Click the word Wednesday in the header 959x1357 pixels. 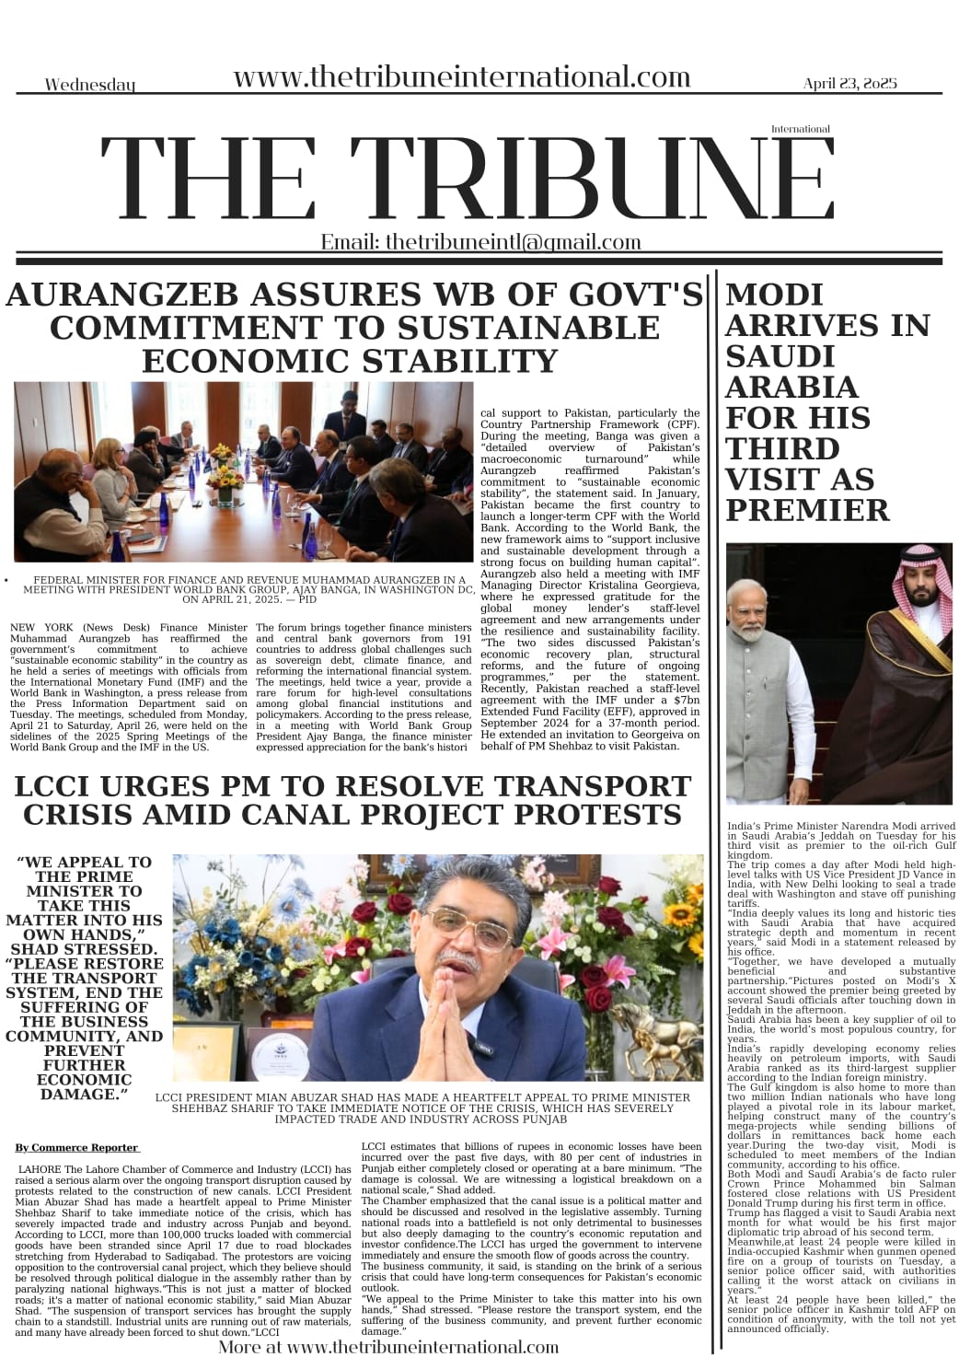[90, 86]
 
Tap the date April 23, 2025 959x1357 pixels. [849, 84]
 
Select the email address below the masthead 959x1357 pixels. [480, 242]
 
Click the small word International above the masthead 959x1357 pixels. [800, 130]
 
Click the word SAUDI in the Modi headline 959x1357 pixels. [780, 356]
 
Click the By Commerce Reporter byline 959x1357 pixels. [76, 1148]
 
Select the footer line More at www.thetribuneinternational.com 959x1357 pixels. [388, 1347]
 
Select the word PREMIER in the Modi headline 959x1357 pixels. [807, 510]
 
